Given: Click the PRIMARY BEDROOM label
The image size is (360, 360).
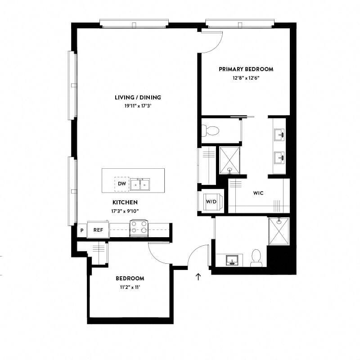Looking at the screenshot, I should click(x=246, y=69).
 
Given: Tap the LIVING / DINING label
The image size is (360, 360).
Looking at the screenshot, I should click(x=138, y=97).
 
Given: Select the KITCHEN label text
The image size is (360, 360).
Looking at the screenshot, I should click(x=125, y=202).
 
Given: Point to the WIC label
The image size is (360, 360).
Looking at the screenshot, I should click(x=258, y=193).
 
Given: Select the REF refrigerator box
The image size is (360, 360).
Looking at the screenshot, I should click(x=98, y=230).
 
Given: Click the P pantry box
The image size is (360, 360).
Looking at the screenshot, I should click(x=82, y=230).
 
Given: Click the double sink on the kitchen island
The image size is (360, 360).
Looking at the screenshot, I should click(x=140, y=184).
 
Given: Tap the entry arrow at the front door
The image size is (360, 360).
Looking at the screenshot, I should click(x=198, y=276).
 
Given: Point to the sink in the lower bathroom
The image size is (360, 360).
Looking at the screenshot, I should click(x=232, y=261).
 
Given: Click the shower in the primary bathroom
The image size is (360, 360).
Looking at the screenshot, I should click(x=229, y=160).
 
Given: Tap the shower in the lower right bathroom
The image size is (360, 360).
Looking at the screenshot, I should click(x=279, y=231).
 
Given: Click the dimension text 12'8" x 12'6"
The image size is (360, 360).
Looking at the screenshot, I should click(x=246, y=78).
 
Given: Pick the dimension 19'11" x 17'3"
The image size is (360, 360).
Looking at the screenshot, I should click(x=138, y=106).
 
